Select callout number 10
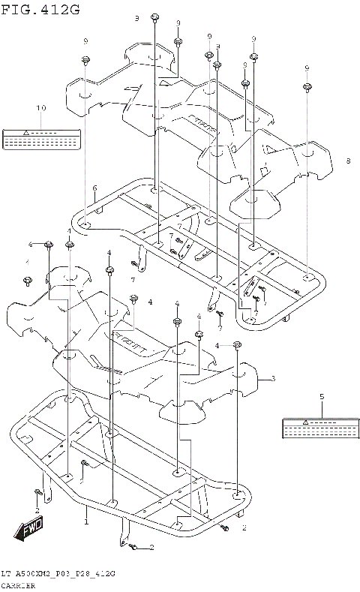[x=41, y=109]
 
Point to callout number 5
[x=321, y=395]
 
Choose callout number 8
[x=348, y=161]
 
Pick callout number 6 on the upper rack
[x=94, y=188]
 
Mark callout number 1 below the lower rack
[x=85, y=521]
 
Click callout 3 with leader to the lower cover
[x=273, y=378]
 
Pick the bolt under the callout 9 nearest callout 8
[x=307, y=88]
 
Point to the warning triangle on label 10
[x=25, y=131]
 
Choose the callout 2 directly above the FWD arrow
[x=37, y=510]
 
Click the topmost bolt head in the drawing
[x=154, y=17]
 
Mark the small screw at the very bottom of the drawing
[x=133, y=548]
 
